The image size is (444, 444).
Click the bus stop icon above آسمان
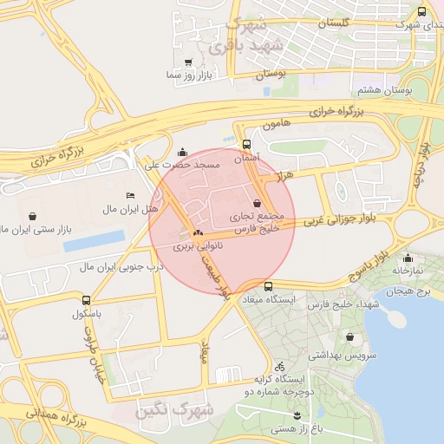coord(247,145)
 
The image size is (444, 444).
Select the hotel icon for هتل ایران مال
coord(130,195)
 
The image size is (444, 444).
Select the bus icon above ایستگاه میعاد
coord(268,286)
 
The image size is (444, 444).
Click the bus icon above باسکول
coord(85,300)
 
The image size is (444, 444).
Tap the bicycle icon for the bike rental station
coord(279,367)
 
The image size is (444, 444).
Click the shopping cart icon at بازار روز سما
coord(188,63)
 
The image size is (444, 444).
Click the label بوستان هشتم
coord(382,90)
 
